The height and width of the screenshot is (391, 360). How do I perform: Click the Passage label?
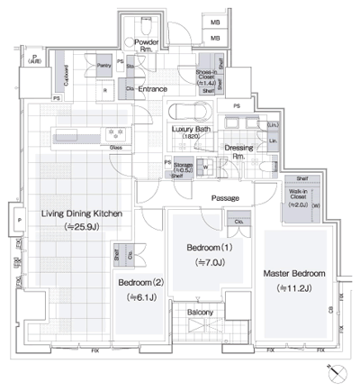point(224,197)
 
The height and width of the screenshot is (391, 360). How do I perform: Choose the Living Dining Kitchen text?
point(80,214)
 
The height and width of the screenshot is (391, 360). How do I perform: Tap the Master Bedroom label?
point(293,273)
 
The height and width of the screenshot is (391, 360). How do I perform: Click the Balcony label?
point(201,313)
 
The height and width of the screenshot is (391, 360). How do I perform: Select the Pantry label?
point(104,66)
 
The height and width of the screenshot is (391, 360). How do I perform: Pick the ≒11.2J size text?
point(293,288)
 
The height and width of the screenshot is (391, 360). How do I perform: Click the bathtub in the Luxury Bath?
point(188,114)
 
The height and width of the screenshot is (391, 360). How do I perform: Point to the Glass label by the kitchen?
point(116,146)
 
